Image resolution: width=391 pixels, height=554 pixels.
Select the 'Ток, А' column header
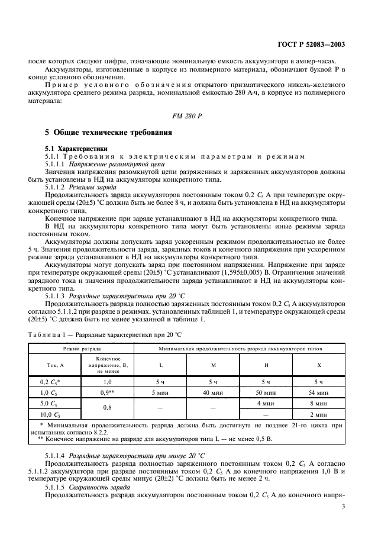coord(55,365)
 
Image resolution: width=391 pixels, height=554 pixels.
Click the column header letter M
coord(214,365)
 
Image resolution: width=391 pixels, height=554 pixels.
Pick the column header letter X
coord(319,365)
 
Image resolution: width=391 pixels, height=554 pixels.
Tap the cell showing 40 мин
coord(214,392)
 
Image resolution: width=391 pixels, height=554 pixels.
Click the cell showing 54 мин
coord(319,392)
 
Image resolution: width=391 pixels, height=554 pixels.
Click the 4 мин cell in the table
coord(266,403)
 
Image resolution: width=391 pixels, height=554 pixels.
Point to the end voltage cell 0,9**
coord(107,392)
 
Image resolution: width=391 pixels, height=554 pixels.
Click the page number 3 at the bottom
coord(343,507)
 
